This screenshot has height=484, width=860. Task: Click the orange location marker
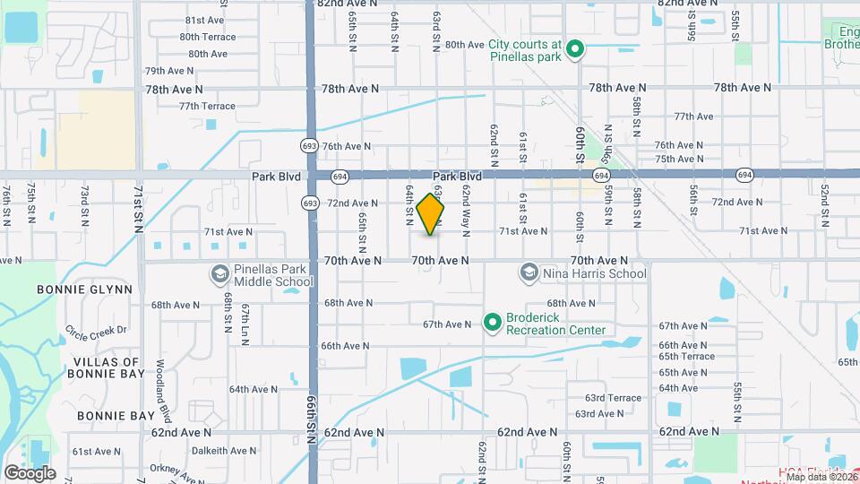[430, 214]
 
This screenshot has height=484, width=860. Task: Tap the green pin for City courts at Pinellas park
[578, 49]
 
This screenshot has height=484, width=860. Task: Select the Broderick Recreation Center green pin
[492, 322]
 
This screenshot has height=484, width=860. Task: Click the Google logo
[30, 472]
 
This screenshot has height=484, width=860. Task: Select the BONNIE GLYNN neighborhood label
[85, 290]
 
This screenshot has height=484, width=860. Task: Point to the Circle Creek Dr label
[96, 330]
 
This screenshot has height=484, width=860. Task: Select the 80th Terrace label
[207, 37]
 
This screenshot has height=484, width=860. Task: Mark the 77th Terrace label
[207, 106]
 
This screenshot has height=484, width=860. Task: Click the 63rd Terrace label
[614, 398]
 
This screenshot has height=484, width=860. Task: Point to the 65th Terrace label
[686, 356]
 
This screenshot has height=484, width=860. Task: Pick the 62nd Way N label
[466, 218]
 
